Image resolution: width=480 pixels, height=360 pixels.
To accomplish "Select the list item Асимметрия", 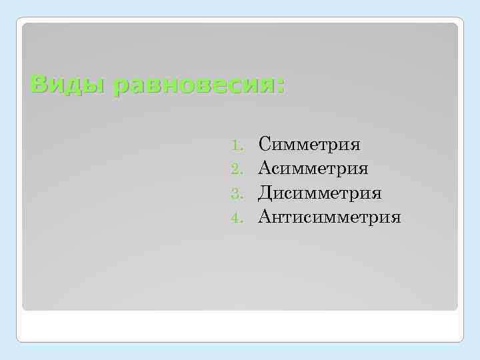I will point(313,168).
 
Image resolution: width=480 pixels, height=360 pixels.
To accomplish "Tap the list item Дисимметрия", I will point(320,193).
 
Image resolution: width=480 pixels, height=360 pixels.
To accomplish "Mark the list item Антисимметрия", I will point(330,217).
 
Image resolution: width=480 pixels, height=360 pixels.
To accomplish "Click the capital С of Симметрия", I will point(265,143).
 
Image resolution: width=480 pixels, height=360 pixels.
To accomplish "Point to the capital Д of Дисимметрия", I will point(265,193).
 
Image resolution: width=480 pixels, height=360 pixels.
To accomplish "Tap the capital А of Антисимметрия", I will point(265,217).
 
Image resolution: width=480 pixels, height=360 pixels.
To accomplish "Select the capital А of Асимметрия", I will point(265,168).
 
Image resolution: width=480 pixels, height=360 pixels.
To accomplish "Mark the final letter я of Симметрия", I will point(355,145).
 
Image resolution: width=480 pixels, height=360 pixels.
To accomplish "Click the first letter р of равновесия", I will point(120,88).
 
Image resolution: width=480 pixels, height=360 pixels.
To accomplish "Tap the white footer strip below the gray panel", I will point(240,326).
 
